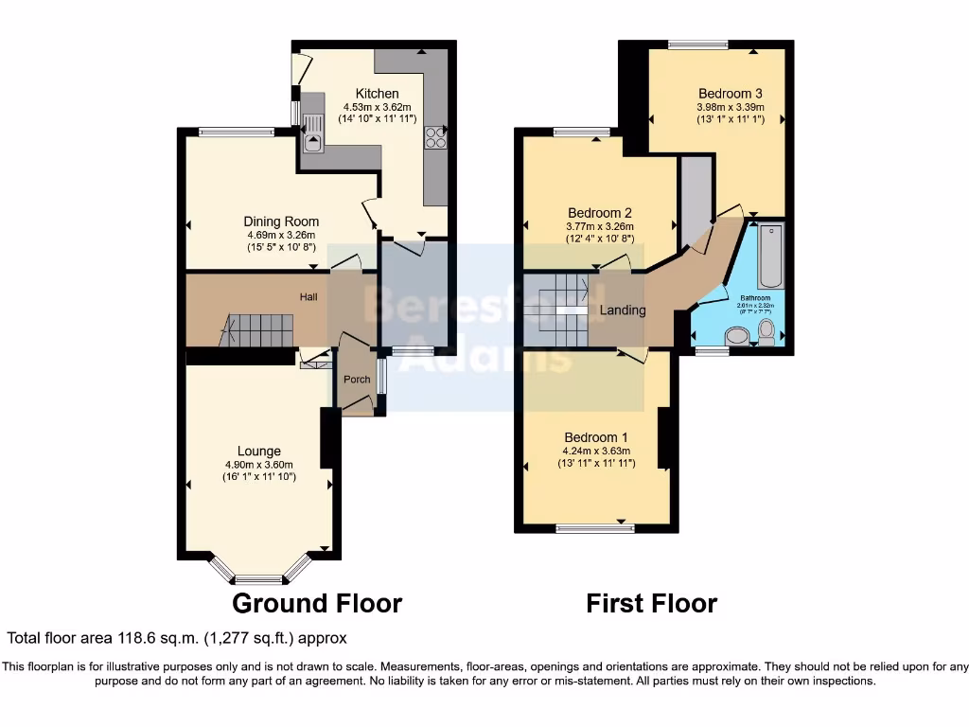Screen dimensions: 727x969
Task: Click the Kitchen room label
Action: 377,93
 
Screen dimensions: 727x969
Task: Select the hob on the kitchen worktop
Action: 437,138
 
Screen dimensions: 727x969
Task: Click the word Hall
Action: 308,297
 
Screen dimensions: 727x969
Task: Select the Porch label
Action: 357,380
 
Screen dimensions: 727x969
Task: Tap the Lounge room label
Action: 259,452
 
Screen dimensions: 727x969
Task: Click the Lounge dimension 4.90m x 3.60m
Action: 259,465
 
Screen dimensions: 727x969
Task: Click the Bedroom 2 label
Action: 600,213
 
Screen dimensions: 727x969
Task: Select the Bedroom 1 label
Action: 596,437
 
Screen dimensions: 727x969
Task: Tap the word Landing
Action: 623,310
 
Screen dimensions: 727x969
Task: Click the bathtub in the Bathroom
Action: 769,256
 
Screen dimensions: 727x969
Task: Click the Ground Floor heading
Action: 317,603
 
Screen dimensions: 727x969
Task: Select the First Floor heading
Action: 651,603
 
